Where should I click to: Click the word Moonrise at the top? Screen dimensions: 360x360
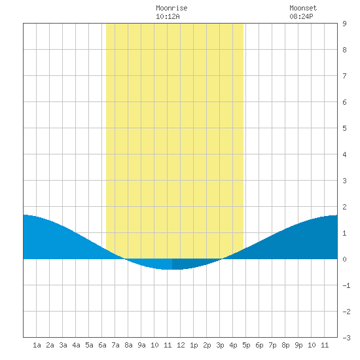coord(171,8)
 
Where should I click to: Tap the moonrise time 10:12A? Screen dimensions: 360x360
coord(168,16)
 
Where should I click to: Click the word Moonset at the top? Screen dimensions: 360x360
coord(303,8)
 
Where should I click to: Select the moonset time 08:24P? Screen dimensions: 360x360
coord(301,16)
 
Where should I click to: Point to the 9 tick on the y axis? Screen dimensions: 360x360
coord(344,24)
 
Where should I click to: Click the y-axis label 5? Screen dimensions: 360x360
coord(344,128)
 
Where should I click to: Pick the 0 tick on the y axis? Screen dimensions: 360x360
coord(344,259)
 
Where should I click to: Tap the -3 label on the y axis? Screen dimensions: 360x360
coord(346,338)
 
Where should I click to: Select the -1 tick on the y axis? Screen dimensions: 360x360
coord(346,285)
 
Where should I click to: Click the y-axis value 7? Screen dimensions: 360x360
coord(344,76)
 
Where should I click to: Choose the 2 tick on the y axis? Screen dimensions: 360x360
coord(344,207)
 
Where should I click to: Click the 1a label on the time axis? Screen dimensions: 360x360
coord(37,345)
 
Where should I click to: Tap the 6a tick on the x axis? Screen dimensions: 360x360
coord(102,345)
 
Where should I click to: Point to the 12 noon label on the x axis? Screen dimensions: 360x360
coord(181,345)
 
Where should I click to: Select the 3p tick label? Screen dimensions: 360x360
coord(220,346)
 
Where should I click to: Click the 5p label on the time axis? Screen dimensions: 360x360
coord(246,346)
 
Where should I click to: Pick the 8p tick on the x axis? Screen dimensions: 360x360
coord(285,346)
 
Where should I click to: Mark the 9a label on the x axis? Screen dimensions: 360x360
coord(141,345)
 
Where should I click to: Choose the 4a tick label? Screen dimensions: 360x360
coord(76,345)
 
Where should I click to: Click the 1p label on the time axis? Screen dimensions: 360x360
coord(194,346)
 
